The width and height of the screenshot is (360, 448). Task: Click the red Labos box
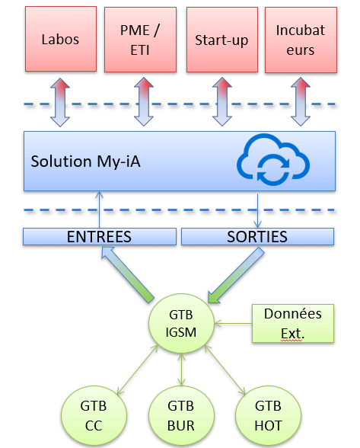pos(61,39)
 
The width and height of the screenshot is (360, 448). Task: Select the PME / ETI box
pos(140,40)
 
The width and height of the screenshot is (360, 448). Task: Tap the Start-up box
pos(222,40)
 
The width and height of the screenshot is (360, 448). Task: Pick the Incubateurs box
pos(301,40)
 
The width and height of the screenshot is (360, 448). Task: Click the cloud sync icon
pos(273,159)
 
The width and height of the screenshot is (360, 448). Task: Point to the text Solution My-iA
pos(86,162)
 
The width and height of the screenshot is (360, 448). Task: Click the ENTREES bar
pos(100,236)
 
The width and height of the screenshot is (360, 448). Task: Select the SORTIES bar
pos(257,236)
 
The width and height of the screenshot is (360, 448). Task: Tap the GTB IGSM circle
pos(181,323)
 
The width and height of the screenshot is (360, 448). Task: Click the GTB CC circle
pos(94,416)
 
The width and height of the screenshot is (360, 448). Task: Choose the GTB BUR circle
pos(181,416)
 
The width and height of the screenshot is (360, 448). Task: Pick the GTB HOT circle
pos(269,416)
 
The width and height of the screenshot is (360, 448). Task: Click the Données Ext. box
pos(293,323)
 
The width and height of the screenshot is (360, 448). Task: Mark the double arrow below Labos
pos(60,102)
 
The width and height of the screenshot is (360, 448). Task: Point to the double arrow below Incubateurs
pos(301,101)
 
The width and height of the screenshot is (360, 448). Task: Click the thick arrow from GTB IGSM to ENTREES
pos(127,274)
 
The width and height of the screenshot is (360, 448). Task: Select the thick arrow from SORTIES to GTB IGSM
pos(237,275)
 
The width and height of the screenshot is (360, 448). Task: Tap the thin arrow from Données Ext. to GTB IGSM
pos(233,323)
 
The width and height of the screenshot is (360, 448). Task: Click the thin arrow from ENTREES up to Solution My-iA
pos(99,210)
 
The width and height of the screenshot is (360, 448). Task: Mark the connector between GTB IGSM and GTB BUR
pos(181,370)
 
